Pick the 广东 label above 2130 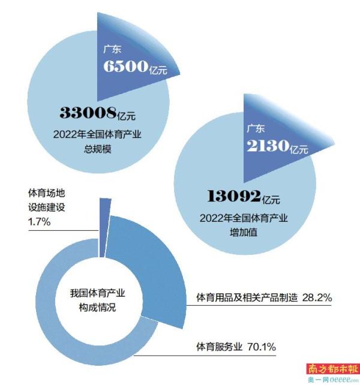[x=256, y=128]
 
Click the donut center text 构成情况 [x=97, y=308]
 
